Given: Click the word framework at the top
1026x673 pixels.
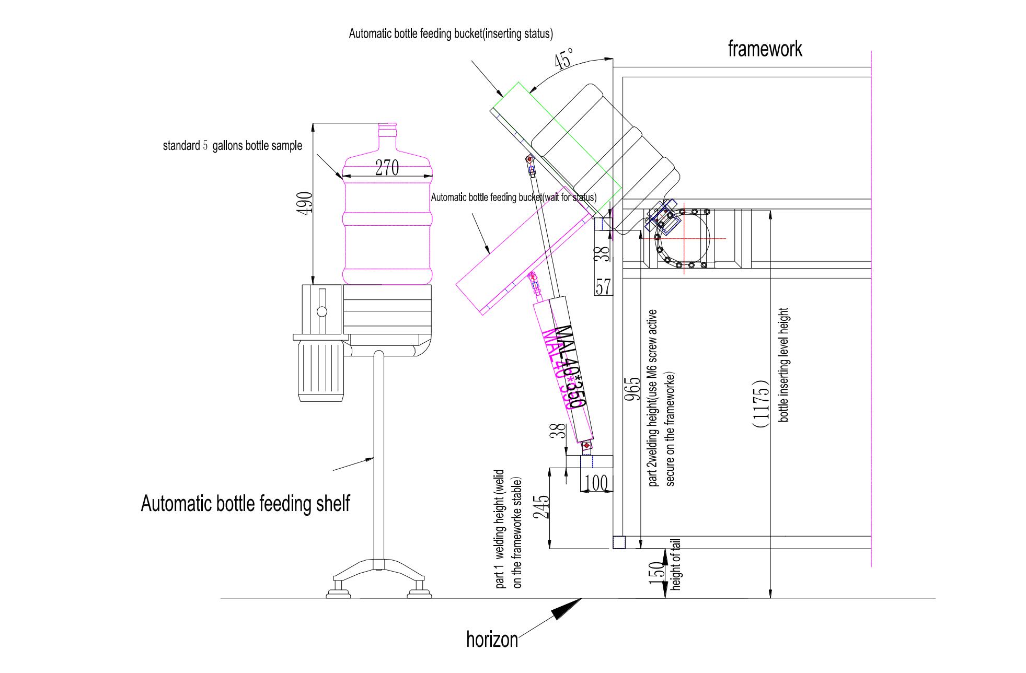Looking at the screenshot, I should point(765,49).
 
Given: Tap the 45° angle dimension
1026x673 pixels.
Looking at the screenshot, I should point(564,59).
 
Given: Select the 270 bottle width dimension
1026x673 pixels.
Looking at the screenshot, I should point(387,168).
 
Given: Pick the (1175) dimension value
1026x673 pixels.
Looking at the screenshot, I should point(762,403).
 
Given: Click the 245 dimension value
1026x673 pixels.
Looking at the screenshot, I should point(543,506).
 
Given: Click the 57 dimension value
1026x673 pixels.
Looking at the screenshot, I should point(603,287).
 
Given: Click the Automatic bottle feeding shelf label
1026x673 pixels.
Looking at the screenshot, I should point(245,504).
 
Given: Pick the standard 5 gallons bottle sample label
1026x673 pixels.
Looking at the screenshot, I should point(232,146).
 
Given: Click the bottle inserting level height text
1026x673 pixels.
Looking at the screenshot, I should point(783,365).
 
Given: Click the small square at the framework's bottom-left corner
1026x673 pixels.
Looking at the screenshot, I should point(618,542).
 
